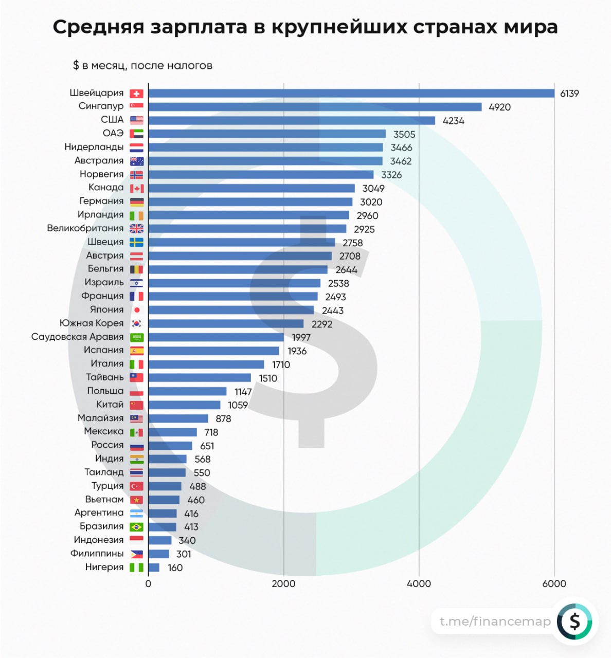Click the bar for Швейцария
[x=351, y=93]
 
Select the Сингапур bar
[x=315, y=107]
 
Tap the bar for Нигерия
[x=154, y=568]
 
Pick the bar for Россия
[x=170, y=446]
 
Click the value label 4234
[x=453, y=121]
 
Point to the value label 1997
[x=301, y=337]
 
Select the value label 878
[x=223, y=418]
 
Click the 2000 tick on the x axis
[x=283, y=583]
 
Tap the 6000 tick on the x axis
[x=554, y=583]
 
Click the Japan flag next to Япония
[x=136, y=310]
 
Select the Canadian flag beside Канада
[x=136, y=188]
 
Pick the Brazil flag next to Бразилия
[x=136, y=527]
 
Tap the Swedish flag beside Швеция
[x=136, y=242]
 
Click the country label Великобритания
[x=85, y=228]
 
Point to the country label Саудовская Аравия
[x=78, y=337]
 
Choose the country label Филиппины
[x=97, y=554]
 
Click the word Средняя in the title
[x=98, y=27]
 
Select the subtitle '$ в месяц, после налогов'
[x=142, y=65]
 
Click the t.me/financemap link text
[x=495, y=622]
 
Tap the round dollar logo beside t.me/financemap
[x=574, y=622]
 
